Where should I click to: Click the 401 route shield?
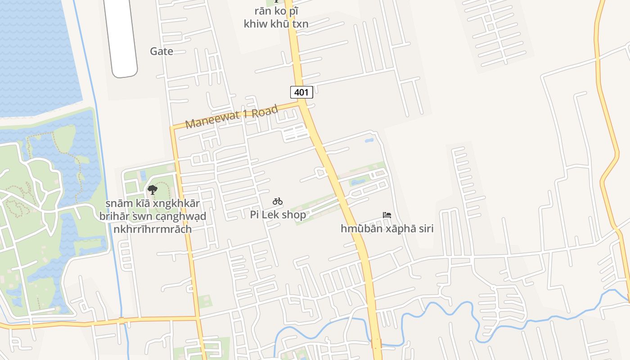(301, 93)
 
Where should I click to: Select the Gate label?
(162, 51)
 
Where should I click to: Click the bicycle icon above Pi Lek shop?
(278, 202)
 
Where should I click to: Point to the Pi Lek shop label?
(278, 215)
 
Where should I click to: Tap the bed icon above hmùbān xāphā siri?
(387, 215)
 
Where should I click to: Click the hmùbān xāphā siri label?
(387, 229)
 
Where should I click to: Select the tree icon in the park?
(153, 190)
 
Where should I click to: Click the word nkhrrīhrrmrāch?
(153, 229)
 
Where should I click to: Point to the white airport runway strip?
(121, 36)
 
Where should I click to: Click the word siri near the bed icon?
(423, 229)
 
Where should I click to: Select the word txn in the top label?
(300, 24)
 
